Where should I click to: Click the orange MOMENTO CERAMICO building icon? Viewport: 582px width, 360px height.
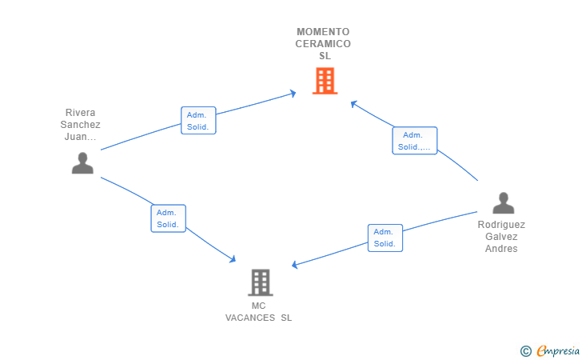tap(325, 81)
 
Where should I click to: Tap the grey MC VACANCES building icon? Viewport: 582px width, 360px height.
tap(260, 282)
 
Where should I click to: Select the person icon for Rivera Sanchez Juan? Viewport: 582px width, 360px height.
tap(82, 163)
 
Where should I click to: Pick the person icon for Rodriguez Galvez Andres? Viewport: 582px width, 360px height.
tap(503, 203)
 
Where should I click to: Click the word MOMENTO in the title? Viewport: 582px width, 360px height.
tap(323, 32)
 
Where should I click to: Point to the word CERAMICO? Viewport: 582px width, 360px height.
tap(323, 44)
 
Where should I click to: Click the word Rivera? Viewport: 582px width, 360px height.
tap(80, 113)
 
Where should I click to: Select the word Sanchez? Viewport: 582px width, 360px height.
tap(80, 125)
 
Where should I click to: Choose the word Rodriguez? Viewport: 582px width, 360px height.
tap(501, 225)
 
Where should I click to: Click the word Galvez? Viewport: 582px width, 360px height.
tap(501, 237)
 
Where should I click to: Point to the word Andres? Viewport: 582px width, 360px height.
tap(501, 249)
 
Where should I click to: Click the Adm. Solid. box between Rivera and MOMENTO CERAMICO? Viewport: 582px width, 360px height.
tap(198, 120)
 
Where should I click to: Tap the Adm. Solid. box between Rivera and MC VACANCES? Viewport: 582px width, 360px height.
tap(168, 218)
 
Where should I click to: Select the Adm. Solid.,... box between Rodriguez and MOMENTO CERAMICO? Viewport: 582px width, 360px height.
tap(414, 141)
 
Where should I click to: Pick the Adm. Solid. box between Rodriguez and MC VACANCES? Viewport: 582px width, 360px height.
tap(385, 238)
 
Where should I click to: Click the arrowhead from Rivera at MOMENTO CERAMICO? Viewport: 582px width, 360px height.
tap(293, 94)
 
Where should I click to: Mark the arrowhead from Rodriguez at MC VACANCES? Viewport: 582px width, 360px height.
tap(295, 265)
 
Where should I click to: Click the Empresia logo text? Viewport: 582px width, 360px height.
tap(557, 350)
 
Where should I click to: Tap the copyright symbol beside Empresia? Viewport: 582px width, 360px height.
tap(525, 350)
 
